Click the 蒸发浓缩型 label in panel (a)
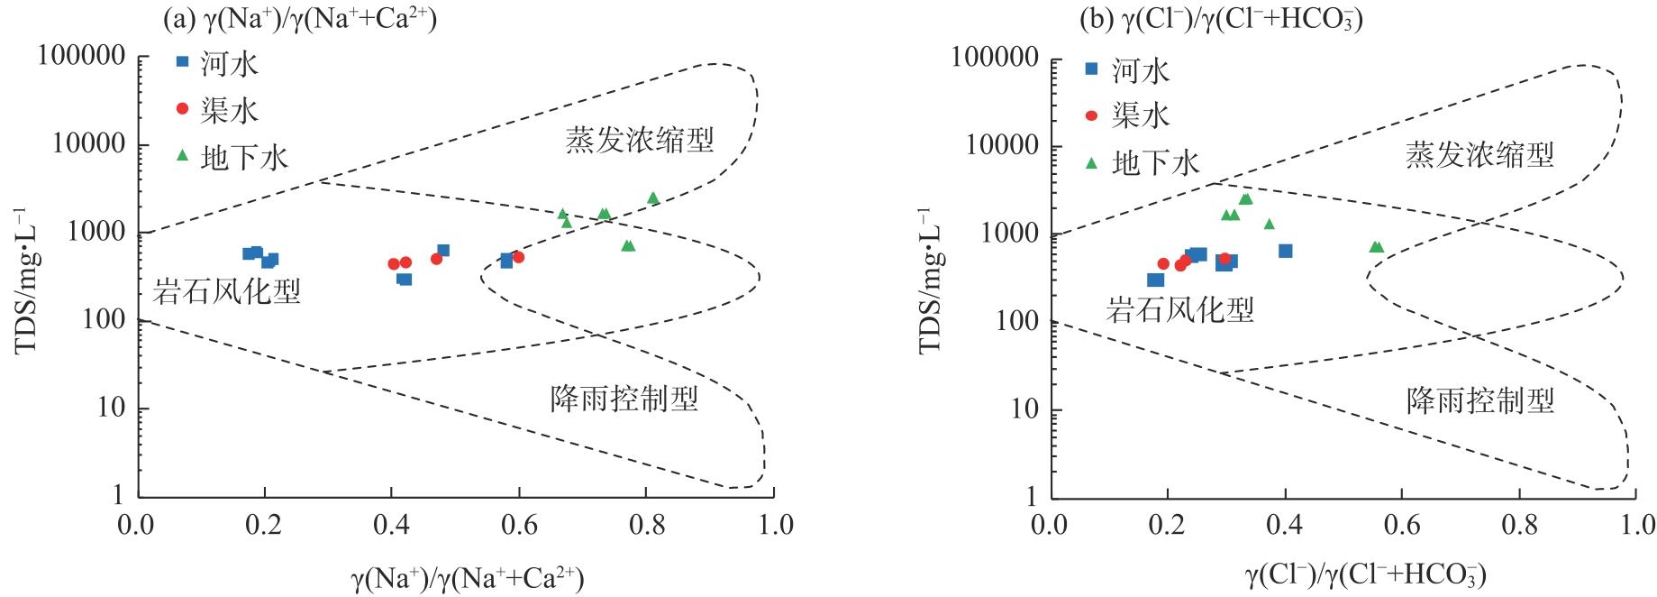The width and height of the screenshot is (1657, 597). (640, 140)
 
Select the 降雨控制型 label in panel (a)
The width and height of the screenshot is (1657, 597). (624, 399)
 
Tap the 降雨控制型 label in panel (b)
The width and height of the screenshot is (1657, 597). (1480, 400)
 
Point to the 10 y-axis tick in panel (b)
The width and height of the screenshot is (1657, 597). (1024, 409)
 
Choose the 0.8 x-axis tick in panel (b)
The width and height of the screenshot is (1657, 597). (1519, 525)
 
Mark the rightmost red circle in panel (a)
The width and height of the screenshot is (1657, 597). (518, 257)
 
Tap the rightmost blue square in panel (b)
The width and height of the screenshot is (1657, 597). (1286, 251)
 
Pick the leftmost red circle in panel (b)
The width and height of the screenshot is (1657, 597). (1163, 264)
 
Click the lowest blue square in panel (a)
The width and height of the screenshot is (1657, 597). (405, 279)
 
